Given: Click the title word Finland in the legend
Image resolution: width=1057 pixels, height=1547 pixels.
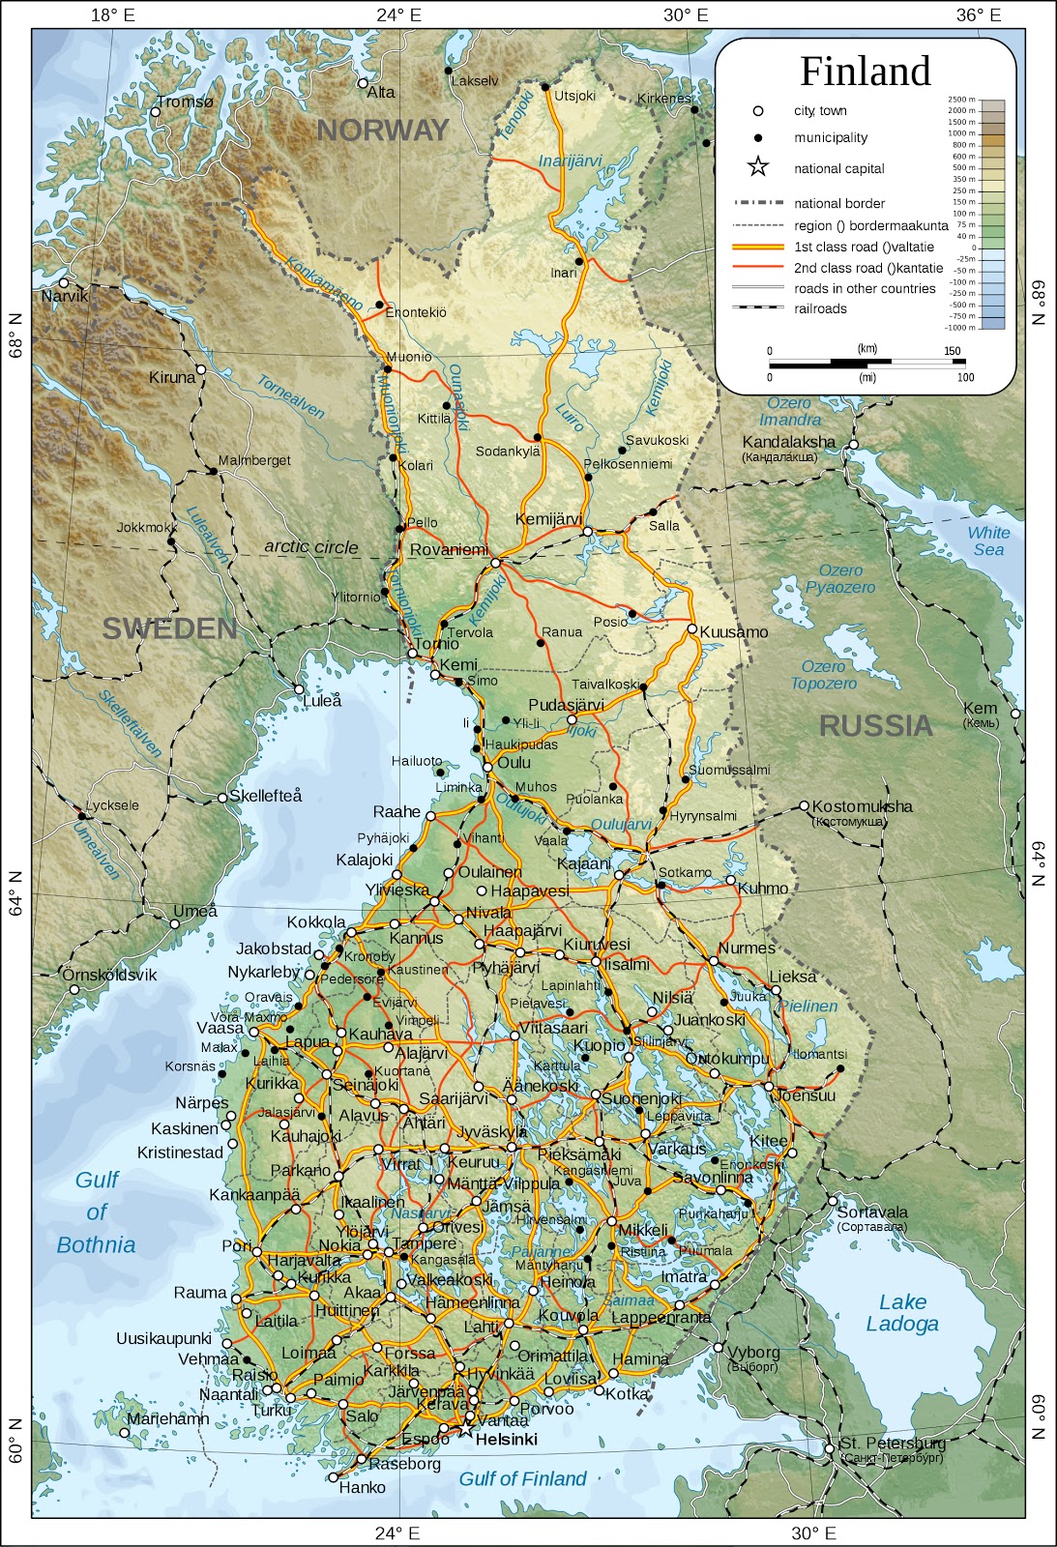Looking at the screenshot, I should pos(865,72).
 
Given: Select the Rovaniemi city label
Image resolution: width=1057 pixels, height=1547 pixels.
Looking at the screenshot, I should pos(449,550).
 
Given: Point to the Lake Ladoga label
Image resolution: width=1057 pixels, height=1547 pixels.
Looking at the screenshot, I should pos(902,1313).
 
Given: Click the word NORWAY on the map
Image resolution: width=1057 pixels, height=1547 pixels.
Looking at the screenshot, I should pos(383,131).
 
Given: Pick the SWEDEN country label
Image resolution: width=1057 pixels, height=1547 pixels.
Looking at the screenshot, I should pos(170,629).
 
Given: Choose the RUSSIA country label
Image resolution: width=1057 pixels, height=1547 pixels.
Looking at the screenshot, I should pos(875,726).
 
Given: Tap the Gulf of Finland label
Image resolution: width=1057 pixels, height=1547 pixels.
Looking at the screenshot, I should pos(522,1478).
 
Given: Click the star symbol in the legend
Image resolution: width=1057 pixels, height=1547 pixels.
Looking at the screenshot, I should pos(758,167).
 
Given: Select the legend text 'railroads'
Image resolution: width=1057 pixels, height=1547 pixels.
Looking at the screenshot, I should pos(820,308).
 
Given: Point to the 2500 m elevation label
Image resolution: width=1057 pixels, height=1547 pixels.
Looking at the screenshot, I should pos(961,100).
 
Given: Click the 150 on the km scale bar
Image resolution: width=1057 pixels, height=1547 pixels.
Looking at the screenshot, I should pos(952,351).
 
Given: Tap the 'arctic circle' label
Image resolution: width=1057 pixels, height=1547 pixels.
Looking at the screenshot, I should pos(311,547).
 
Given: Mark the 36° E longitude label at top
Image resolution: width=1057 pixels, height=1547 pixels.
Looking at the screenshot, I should pos(979,15).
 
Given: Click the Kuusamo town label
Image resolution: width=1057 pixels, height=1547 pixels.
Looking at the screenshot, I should pos(733,632).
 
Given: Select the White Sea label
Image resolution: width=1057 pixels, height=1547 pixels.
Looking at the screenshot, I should pos(988,541).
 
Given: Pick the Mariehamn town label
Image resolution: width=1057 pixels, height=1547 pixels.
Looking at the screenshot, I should pos(167,1418).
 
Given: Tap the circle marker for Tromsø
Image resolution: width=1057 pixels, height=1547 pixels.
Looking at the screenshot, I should pos(155,112).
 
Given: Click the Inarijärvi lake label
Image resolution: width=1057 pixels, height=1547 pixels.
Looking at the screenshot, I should pos(570,161).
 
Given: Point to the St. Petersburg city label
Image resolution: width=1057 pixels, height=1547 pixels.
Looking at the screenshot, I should pos(892,1444).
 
